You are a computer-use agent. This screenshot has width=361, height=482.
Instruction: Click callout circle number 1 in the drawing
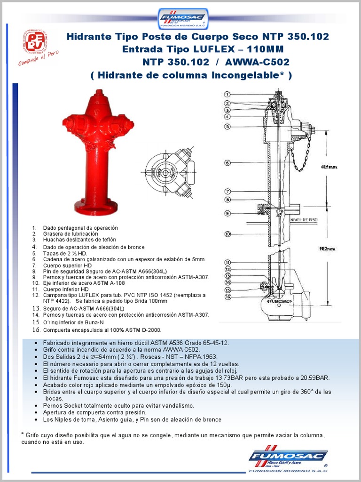click(x=227, y=94)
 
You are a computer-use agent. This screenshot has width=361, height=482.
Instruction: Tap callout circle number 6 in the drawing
click(x=227, y=163)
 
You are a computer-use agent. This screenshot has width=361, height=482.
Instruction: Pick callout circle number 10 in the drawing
click(x=227, y=234)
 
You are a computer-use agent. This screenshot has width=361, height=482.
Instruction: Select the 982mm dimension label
click(x=328, y=248)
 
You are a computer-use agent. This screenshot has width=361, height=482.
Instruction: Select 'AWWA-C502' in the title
click(x=257, y=62)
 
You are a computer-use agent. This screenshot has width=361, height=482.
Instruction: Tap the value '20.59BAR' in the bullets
click(x=316, y=378)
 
